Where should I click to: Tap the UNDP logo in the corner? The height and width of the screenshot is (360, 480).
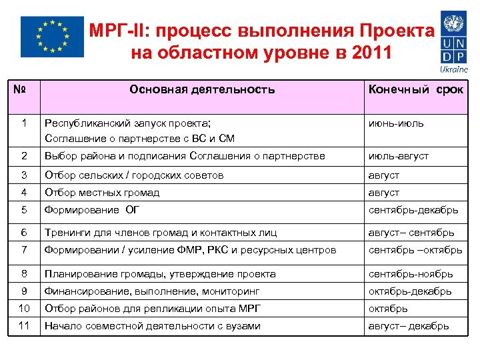453,37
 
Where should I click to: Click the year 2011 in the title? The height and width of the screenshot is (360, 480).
366,52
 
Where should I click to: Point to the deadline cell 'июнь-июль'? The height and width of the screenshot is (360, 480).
396,123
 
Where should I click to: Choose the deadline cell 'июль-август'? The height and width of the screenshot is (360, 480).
399,156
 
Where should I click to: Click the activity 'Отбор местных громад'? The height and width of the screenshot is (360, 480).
102,193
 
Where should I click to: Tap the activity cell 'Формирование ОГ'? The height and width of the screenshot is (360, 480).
91,210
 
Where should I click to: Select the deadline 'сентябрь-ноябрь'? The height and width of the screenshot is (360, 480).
411,274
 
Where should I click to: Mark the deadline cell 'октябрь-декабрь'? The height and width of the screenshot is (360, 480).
410,291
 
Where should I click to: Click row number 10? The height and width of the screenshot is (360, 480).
24,308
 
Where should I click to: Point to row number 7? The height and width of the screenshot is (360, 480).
24,250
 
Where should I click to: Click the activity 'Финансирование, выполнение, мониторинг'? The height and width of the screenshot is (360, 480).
152,291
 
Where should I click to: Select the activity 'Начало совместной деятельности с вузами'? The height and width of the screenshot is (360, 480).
153,326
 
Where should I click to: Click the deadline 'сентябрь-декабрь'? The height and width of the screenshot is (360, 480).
413,210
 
